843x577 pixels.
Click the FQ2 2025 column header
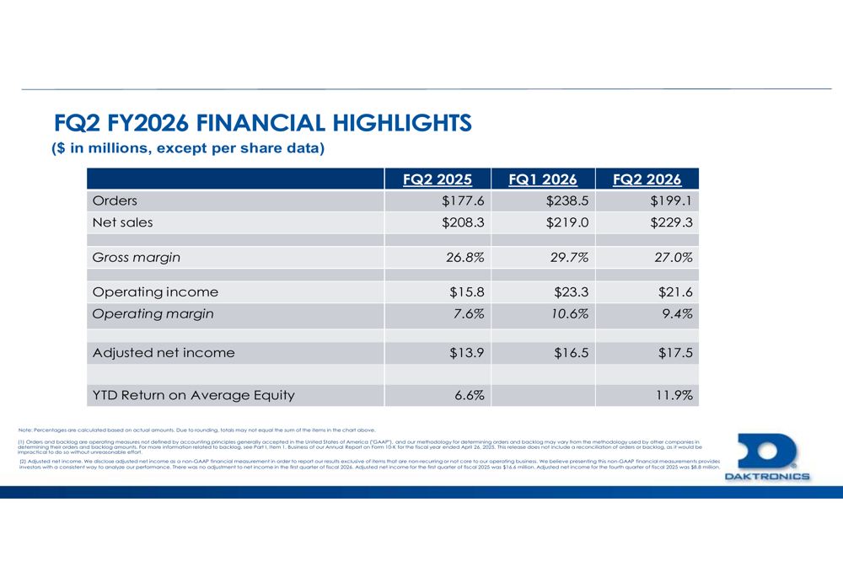(x=436, y=179)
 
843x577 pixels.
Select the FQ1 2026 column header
(x=543, y=179)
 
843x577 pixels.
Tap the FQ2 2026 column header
(x=647, y=179)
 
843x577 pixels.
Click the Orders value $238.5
(x=566, y=201)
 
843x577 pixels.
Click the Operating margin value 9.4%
(x=675, y=314)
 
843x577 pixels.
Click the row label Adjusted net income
(x=163, y=353)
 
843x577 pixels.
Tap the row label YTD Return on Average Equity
(x=193, y=395)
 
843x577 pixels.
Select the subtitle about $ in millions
(x=188, y=149)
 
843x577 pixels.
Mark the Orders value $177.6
(x=463, y=201)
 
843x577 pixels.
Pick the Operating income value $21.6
(x=675, y=292)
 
